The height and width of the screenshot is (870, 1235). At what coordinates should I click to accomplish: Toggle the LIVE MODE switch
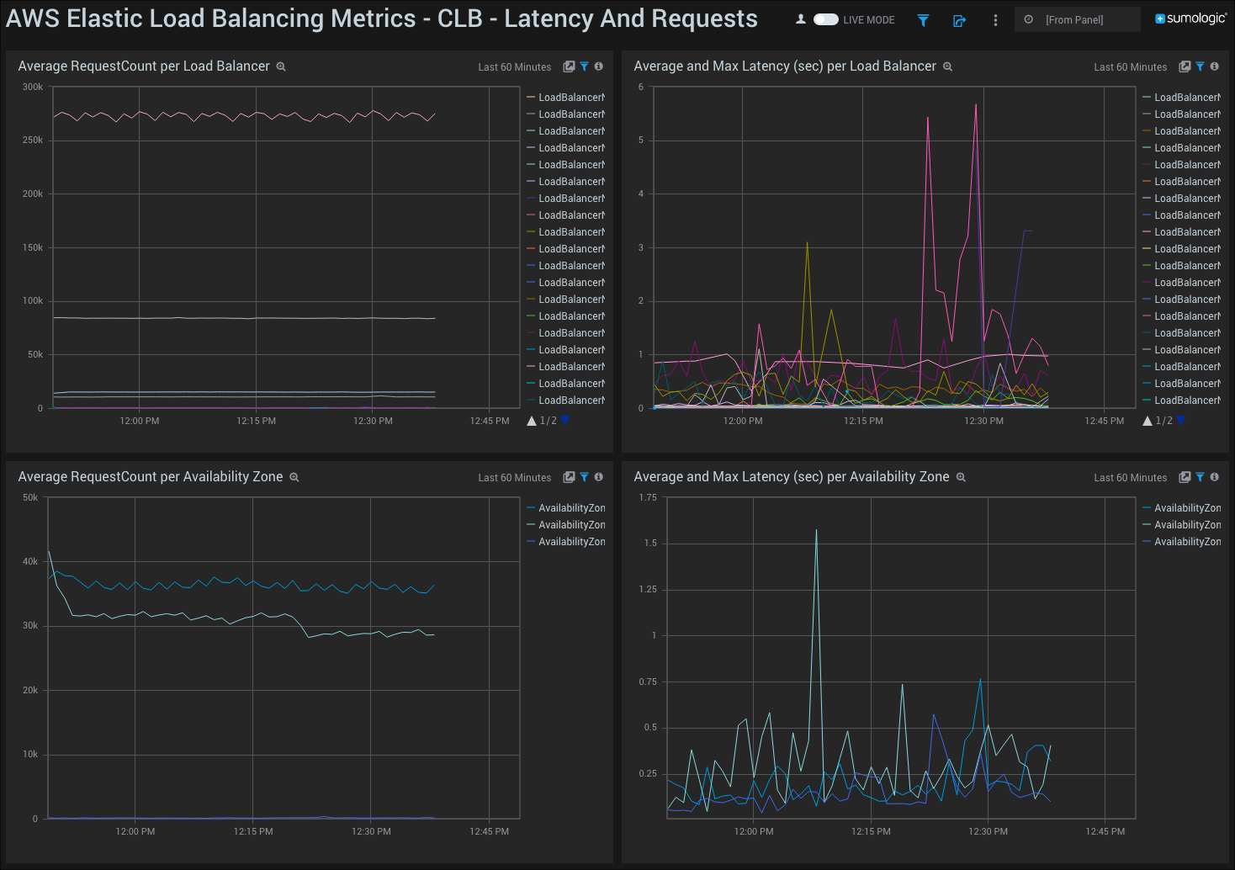click(825, 19)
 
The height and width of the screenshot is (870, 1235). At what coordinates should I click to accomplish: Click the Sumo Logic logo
click(1190, 19)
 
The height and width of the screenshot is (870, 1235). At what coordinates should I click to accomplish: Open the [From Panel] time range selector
click(1077, 19)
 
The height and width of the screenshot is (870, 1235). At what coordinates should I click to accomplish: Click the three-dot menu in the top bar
click(995, 20)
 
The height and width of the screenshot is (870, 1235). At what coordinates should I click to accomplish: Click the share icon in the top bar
click(959, 20)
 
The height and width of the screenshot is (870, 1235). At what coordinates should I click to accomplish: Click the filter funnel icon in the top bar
click(923, 20)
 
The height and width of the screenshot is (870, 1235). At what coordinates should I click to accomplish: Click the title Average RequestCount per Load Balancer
click(144, 66)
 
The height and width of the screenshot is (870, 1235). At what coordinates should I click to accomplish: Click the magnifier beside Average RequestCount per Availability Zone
click(294, 477)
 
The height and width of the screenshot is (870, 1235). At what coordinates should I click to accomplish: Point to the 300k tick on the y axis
click(33, 87)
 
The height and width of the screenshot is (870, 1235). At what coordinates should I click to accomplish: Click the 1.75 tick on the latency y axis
click(648, 497)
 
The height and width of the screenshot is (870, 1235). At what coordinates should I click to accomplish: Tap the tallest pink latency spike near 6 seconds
click(976, 105)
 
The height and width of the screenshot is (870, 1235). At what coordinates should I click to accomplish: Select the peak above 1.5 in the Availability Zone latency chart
click(816, 531)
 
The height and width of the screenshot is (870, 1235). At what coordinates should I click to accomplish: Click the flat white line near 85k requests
click(252, 318)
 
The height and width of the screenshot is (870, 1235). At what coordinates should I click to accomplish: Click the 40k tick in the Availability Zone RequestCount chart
click(30, 561)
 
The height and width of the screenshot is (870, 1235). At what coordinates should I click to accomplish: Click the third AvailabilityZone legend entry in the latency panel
click(1186, 542)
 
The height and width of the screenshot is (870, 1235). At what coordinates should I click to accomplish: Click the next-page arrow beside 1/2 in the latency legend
click(1180, 421)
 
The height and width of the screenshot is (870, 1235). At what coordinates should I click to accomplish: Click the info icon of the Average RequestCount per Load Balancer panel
click(599, 66)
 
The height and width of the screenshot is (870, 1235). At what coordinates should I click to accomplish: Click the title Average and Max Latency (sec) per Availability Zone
click(791, 477)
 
